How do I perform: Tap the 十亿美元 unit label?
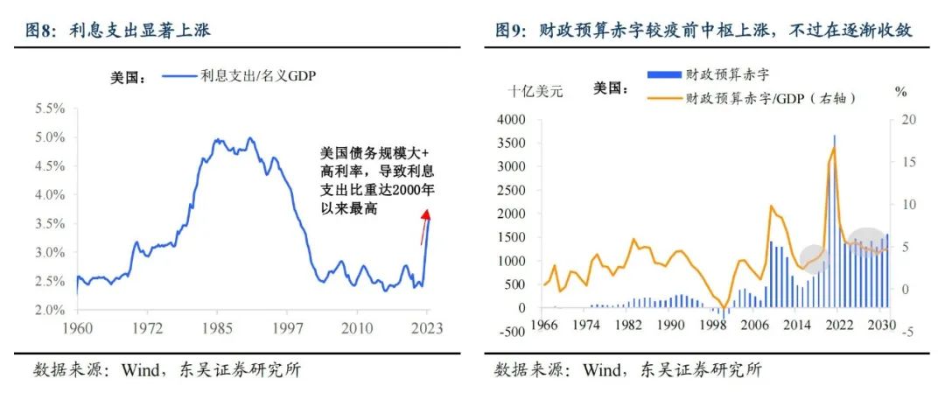[536, 91]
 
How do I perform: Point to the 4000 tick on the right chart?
[511, 119]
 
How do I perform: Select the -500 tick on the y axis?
[513, 332]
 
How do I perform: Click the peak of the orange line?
[833, 147]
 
